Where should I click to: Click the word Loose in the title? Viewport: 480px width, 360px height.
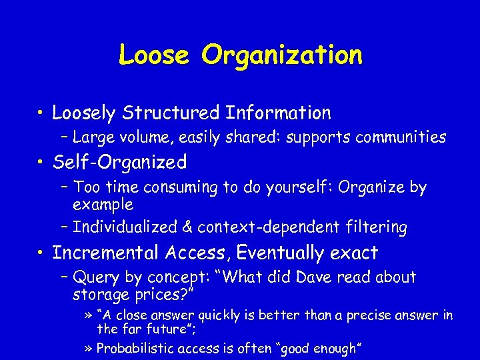click(156, 55)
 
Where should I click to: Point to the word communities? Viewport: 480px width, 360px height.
click(400, 137)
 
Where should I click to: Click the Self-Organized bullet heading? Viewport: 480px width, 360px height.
click(119, 162)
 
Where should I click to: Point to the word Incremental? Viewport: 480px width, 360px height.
click(105, 253)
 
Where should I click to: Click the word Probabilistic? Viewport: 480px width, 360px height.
click(138, 348)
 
